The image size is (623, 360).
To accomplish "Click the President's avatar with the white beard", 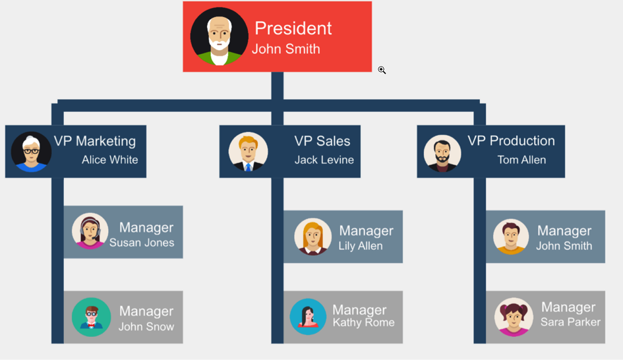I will [219, 36].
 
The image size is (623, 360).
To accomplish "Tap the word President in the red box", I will [293, 28].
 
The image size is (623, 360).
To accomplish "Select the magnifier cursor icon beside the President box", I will [382, 70].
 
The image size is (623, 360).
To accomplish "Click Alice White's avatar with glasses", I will [31, 152].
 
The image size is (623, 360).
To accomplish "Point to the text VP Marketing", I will [95, 141].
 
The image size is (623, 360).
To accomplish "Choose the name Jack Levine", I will [324, 160].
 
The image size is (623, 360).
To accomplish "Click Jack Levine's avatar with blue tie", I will [248, 152].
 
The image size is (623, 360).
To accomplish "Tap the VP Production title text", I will [511, 140].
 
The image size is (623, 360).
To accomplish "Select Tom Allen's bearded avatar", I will [442, 154].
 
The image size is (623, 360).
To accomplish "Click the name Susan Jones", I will [142, 243].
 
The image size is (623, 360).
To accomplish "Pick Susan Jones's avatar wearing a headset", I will [90, 231].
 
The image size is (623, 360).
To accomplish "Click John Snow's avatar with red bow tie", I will [91, 317].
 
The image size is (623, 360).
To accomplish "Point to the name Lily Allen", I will [361, 246].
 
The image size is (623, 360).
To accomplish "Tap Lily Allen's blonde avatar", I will [312, 237].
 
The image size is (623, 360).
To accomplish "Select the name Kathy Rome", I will [363, 322].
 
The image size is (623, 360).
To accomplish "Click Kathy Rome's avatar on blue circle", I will [308, 316].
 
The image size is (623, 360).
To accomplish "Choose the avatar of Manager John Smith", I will [511, 237].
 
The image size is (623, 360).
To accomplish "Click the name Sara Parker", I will [570, 322].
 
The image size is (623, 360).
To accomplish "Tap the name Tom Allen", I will [521, 160].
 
